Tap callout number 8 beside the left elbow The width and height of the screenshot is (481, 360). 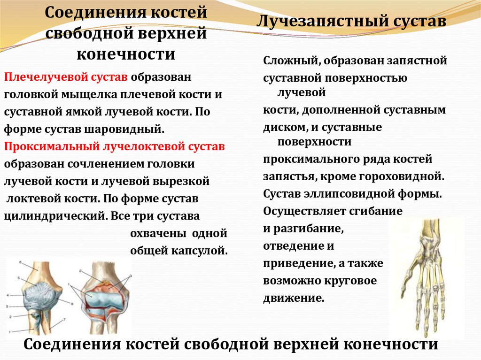click(71, 304)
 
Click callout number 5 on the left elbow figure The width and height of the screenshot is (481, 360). click(19, 278)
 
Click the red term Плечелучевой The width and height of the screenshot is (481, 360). click(36, 77)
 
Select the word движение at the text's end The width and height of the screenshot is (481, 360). click(293, 298)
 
